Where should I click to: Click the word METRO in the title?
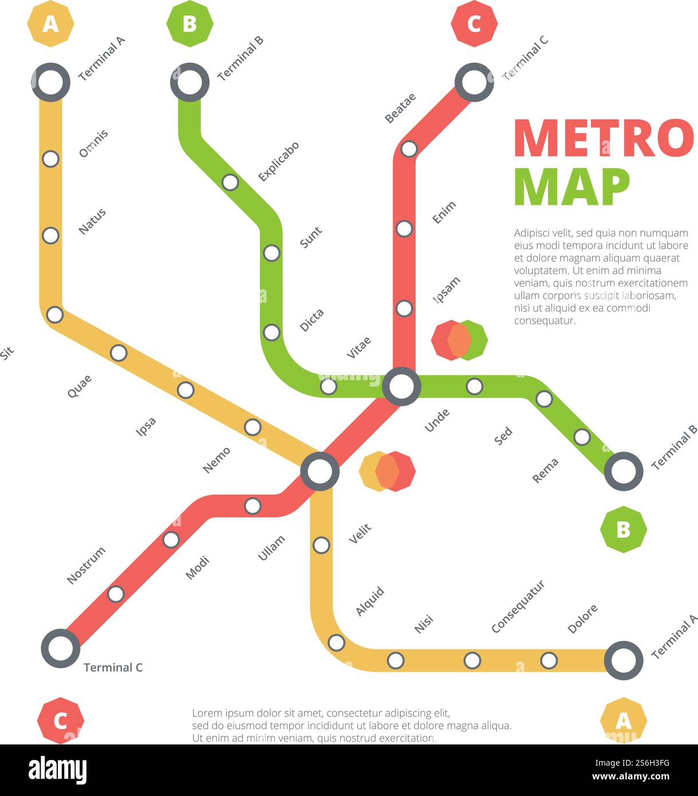(x=603, y=138)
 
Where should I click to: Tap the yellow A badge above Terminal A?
(x=50, y=24)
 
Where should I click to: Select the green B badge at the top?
(x=190, y=24)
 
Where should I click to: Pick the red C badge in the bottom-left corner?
(x=60, y=720)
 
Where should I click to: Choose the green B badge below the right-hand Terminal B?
(x=623, y=529)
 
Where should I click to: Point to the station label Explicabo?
(x=278, y=162)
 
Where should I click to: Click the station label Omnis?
(x=93, y=144)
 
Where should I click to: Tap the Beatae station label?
(x=400, y=108)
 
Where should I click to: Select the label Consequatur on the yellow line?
(x=518, y=606)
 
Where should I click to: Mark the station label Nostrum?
(x=86, y=565)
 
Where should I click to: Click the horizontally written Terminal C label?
(x=113, y=668)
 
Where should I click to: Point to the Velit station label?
(x=360, y=534)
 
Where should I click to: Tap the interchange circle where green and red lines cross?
(x=401, y=387)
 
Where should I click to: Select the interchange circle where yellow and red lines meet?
(x=320, y=471)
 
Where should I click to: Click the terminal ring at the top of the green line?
(x=190, y=82)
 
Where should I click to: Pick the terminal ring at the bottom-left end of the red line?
(x=60, y=648)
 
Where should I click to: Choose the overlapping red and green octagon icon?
(x=459, y=340)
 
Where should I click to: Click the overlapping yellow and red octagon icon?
(x=387, y=471)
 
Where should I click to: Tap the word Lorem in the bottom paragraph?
(x=205, y=714)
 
